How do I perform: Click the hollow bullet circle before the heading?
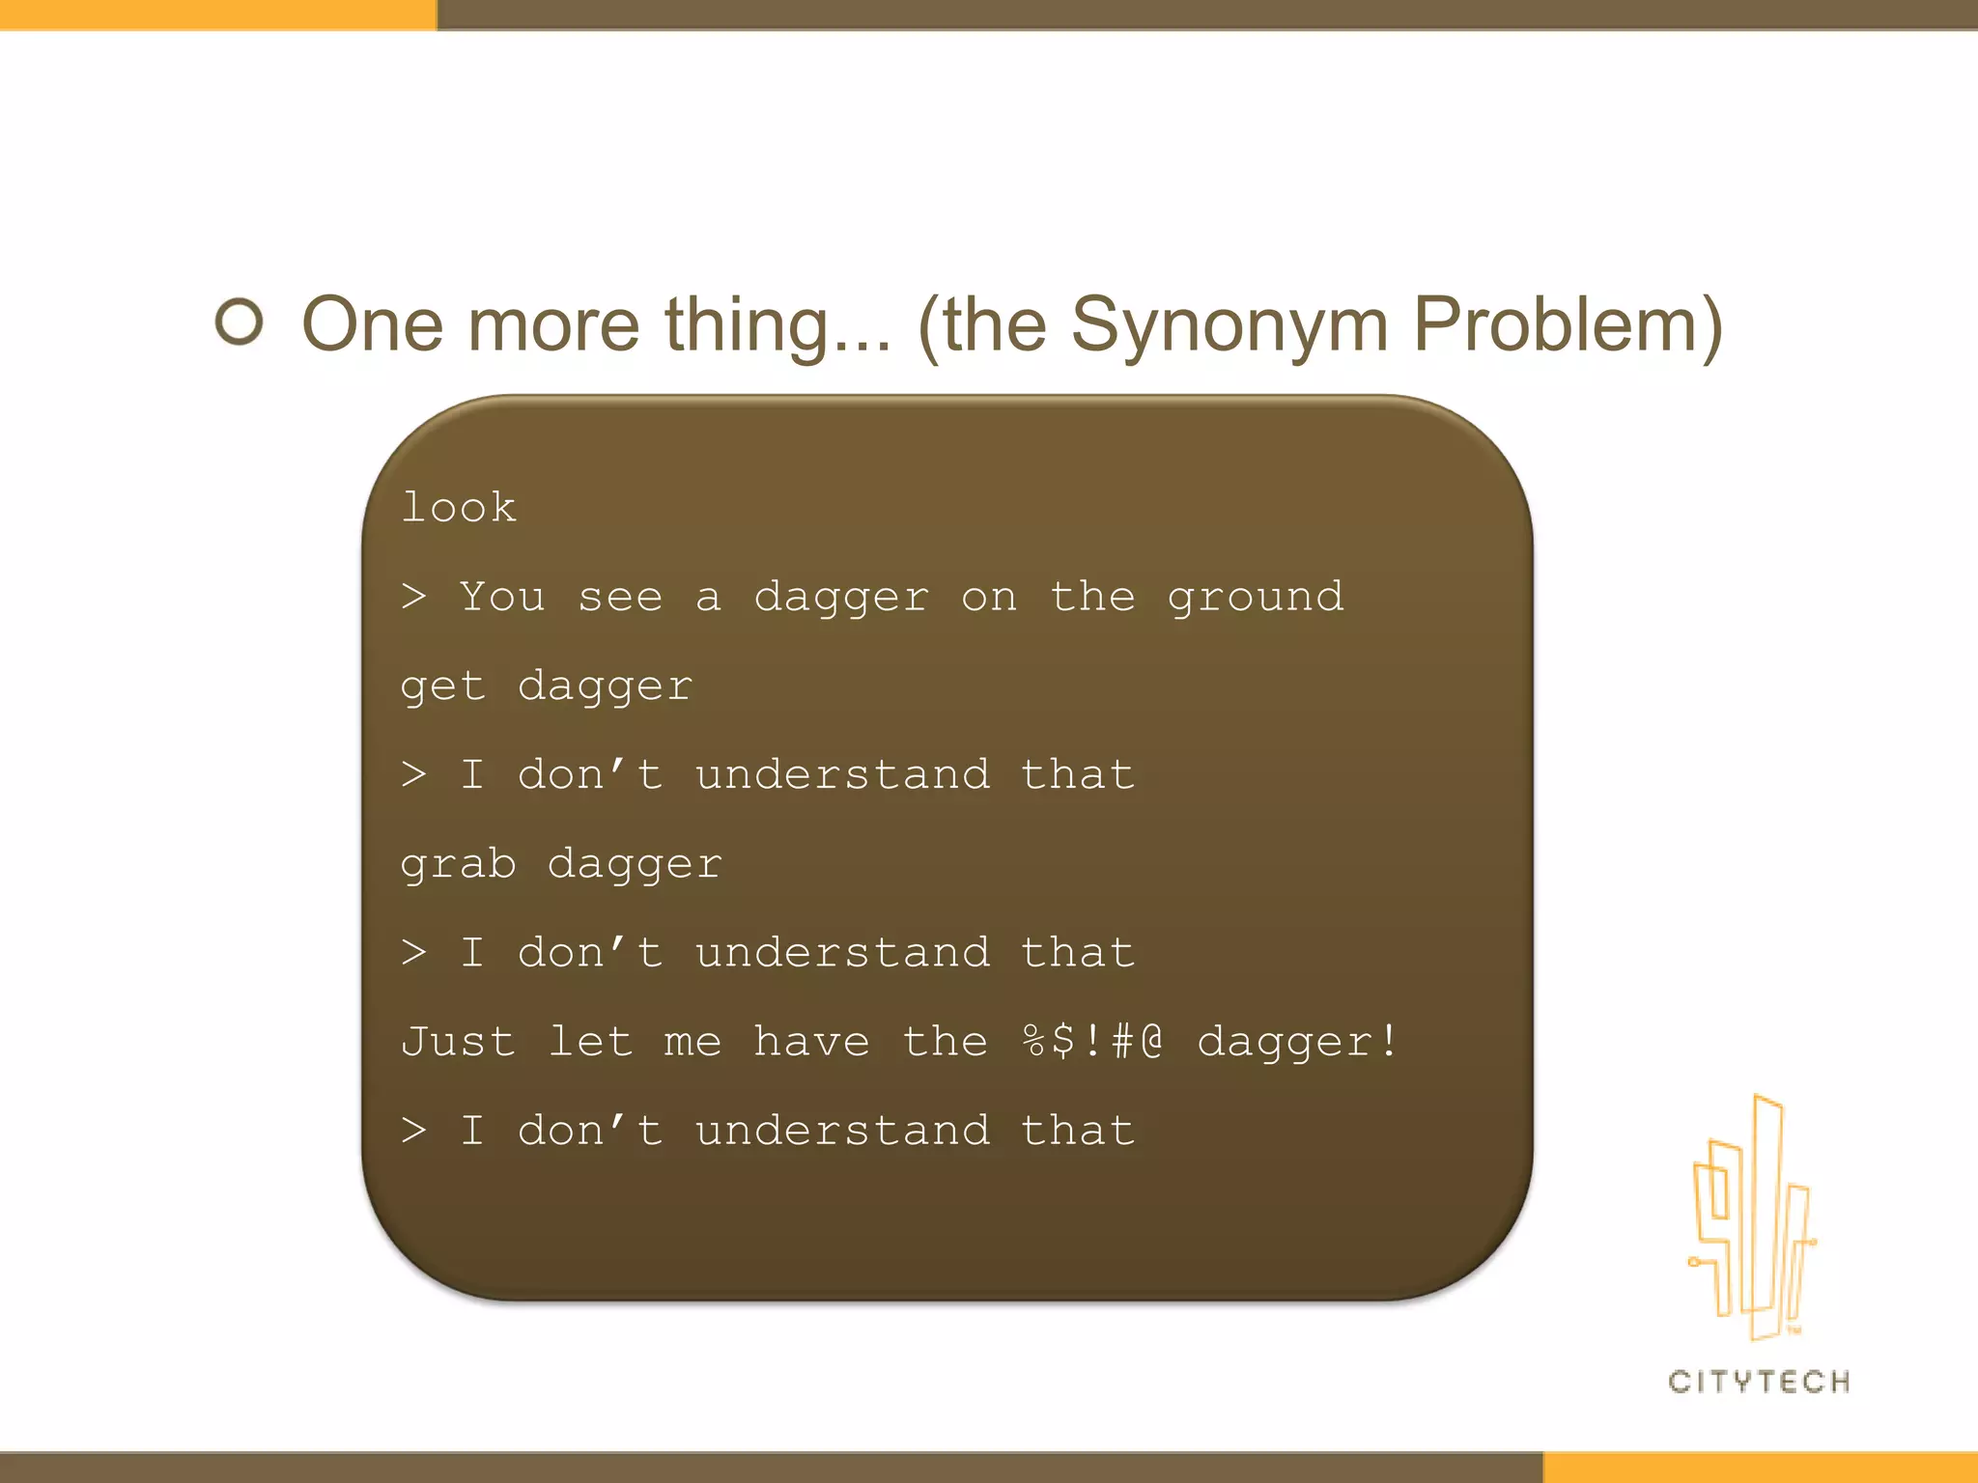(x=239, y=322)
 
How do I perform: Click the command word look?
(x=459, y=508)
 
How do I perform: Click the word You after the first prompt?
(x=502, y=597)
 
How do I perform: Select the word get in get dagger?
(x=442, y=687)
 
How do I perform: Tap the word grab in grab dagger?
(x=458, y=865)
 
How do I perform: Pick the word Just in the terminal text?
(x=458, y=1042)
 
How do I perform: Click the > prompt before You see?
(x=413, y=597)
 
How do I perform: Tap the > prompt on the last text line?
(x=413, y=1130)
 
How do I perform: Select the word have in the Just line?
(x=811, y=1042)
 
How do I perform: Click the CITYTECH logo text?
(x=1759, y=1382)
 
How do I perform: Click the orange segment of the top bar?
(x=217, y=14)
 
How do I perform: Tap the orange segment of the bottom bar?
(x=1760, y=1467)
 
